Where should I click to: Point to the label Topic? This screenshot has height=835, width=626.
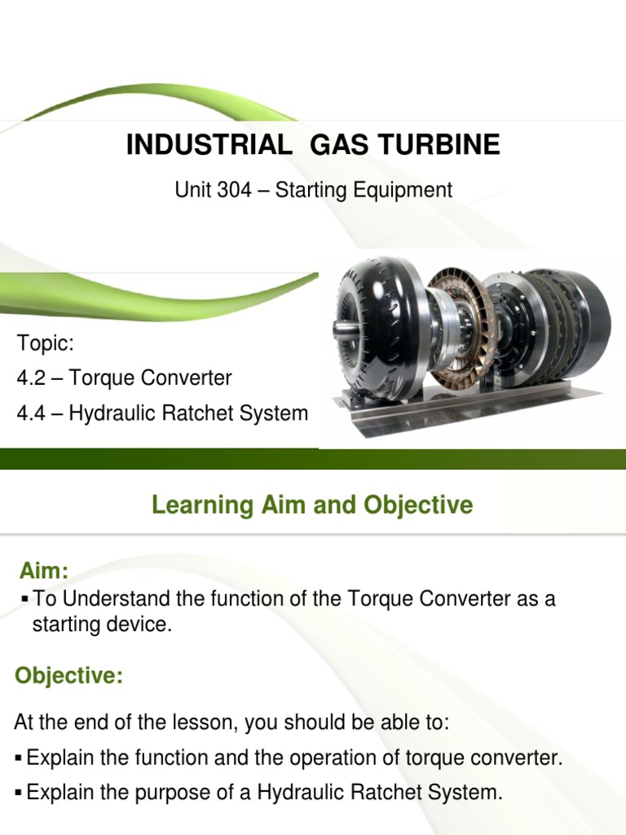pyautogui.click(x=40, y=342)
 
